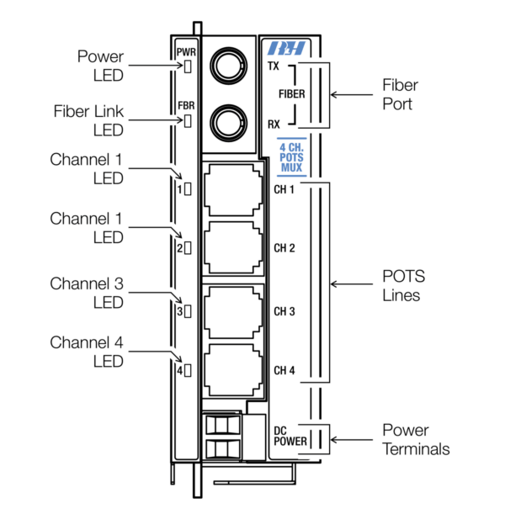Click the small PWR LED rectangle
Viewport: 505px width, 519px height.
188,66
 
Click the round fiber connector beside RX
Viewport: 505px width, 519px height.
227,124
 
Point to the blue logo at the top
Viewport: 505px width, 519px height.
291,47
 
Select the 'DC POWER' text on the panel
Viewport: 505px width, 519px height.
291,436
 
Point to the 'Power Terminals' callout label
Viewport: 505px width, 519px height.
416,438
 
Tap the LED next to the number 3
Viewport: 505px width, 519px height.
188,311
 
